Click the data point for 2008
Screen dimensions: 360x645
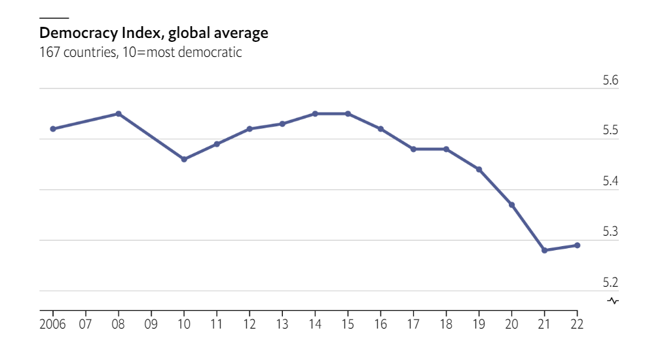[x=119, y=114]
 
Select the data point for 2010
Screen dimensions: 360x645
[x=184, y=159]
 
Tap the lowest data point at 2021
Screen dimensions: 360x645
[x=544, y=250]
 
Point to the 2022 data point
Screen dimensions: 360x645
[x=577, y=245]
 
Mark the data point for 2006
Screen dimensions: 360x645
[x=52, y=129]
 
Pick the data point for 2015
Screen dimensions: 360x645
[x=348, y=114]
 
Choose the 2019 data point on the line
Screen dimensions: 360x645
[x=479, y=170]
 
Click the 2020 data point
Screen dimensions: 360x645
[x=511, y=205]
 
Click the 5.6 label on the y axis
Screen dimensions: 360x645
[x=610, y=81]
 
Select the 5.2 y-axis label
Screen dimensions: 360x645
[x=610, y=283]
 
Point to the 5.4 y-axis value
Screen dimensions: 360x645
[x=610, y=181]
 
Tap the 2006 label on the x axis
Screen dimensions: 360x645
[x=52, y=324]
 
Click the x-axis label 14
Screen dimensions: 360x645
[x=315, y=324]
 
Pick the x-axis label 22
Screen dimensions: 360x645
[x=577, y=324]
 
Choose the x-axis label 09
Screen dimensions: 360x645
[x=151, y=324]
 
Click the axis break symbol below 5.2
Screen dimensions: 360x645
[x=614, y=301]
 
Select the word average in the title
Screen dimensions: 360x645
[x=240, y=32]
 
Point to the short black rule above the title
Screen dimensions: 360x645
[x=54, y=18]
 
